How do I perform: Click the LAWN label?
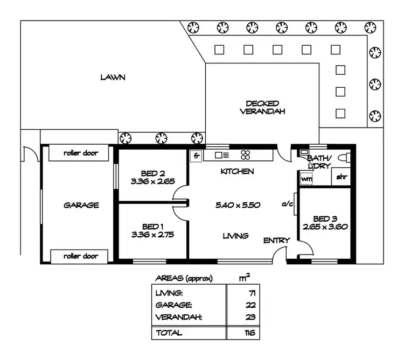113,77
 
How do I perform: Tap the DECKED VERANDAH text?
262,108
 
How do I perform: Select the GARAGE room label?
81,205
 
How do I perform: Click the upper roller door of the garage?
80,153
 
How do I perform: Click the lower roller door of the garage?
80,256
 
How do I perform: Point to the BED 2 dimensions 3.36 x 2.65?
152,182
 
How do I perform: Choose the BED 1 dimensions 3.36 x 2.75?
152,235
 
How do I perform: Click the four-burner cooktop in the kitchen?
246,155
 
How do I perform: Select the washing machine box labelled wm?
307,178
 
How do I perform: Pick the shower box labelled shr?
340,177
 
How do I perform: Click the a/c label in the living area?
287,204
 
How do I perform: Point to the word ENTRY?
276,240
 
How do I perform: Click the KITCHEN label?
237,171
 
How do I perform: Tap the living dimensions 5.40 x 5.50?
238,205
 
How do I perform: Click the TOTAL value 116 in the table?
249,333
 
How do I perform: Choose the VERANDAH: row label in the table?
178,317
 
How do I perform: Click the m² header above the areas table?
244,277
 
